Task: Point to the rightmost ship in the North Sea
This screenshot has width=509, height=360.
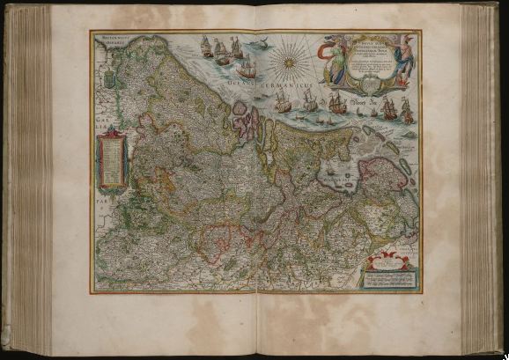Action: coord(407,108)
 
